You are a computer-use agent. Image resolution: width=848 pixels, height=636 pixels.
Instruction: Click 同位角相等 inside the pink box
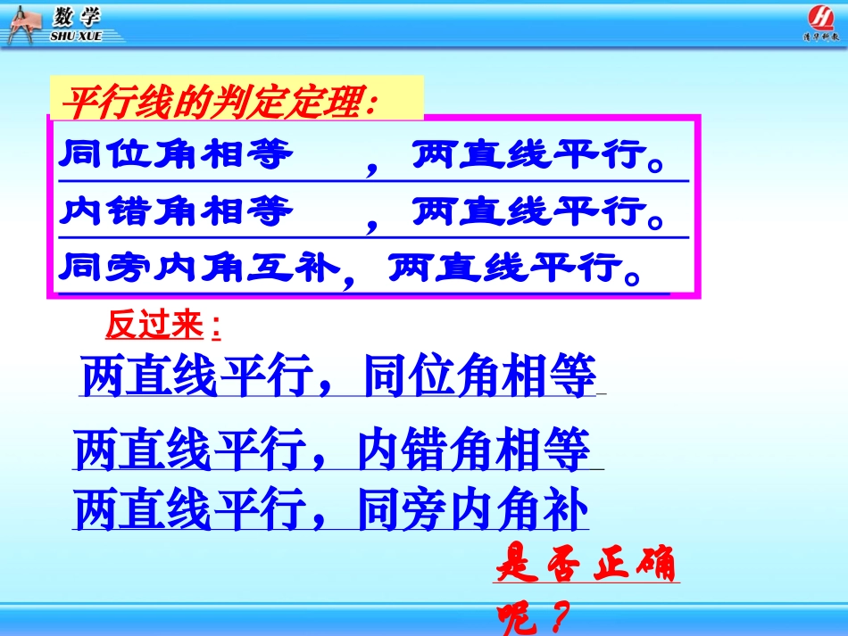[176, 156]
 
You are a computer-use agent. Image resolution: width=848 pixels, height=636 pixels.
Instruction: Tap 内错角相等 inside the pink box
[176, 212]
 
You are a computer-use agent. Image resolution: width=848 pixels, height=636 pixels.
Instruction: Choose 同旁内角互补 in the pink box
[199, 267]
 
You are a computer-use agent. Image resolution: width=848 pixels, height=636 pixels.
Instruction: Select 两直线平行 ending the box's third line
[504, 267]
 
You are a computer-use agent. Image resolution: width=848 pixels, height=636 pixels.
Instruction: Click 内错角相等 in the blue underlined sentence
[473, 450]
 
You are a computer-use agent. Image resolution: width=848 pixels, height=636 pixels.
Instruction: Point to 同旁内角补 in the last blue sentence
[473, 511]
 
